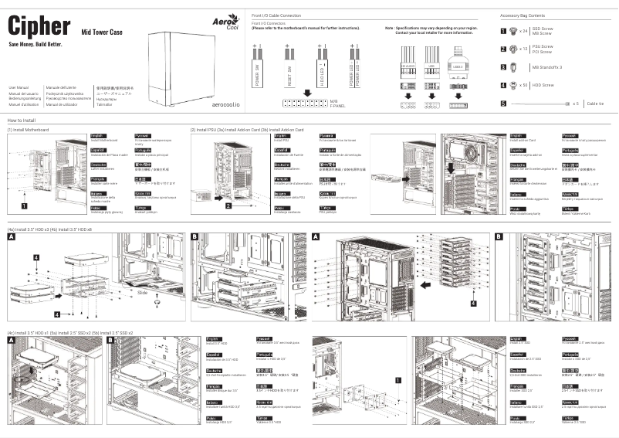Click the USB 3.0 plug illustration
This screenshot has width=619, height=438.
point(461,66)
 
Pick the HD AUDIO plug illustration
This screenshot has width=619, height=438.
point(408,66)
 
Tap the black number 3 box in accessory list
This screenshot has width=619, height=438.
point(503,66)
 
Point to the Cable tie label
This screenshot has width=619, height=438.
point(595,103)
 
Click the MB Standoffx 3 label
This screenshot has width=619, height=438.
point(546,67)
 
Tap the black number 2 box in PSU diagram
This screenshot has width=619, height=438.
point(229,206)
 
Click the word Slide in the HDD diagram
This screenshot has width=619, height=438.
point(142,294)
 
